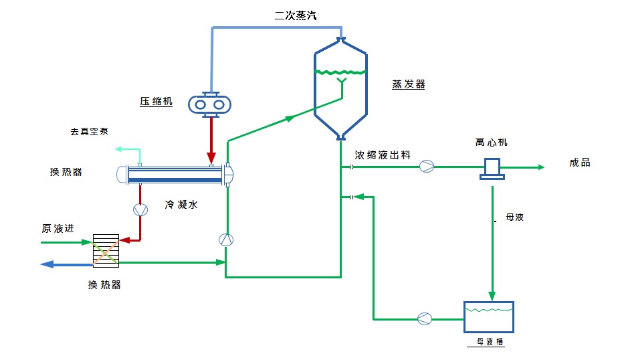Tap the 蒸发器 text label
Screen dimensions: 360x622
pos(408,84)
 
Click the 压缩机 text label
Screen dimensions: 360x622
pos(156,102)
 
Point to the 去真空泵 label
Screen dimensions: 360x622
pos(89,132)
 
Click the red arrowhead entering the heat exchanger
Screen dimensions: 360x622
pos(211,158)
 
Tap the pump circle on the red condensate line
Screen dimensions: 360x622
pos(140,209)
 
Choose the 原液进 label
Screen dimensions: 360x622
pos(56,229)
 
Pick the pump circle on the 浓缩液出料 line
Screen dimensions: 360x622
pos(427,167)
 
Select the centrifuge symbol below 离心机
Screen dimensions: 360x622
pos(492,169)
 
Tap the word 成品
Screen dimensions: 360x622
pos(579,163)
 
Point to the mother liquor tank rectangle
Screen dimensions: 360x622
pos(489,317)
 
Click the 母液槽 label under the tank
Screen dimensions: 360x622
pos(490,342)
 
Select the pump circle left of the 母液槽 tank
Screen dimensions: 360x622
pos(424,319)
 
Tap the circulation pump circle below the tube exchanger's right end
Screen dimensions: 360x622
pos(226,240)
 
